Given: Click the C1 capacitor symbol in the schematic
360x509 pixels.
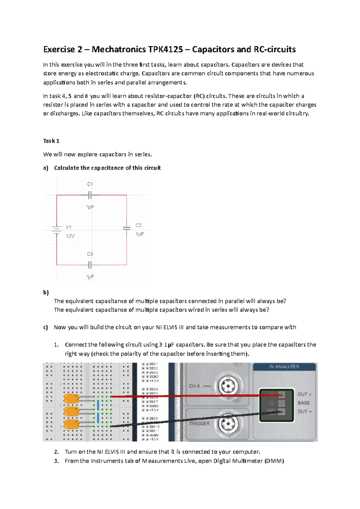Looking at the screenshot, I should coord(90,195).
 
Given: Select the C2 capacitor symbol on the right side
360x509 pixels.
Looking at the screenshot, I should coord(127,228).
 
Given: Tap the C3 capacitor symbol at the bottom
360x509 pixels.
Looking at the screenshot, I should coord(90,265).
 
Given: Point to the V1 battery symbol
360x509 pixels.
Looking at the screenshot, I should coord(56,229).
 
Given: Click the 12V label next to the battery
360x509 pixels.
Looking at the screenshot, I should coord(70,236).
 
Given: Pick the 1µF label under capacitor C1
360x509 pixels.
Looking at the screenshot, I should coord(90,207).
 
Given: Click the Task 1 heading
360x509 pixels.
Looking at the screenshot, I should coord(51,141).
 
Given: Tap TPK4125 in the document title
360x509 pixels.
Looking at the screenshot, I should coord(165,49).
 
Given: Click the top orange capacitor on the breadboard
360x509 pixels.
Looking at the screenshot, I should coord(71,399).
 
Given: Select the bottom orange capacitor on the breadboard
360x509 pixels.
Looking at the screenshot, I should coord(71,424).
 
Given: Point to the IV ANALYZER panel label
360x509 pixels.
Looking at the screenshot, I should coord(284,367).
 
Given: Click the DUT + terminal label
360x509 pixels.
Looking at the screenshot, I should coord(304,394).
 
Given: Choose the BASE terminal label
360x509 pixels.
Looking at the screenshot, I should coord(304,403).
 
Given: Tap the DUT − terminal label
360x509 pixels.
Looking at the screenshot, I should coord(304,412).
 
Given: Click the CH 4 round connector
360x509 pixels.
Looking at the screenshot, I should coord(228,386).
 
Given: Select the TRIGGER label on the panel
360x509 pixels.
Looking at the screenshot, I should coord(199,424).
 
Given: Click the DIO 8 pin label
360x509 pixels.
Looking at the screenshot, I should coord(154,418).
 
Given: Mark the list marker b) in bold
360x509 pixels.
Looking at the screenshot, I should coord(46,293).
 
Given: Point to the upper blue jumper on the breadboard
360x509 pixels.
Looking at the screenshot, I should coord(98,404).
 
